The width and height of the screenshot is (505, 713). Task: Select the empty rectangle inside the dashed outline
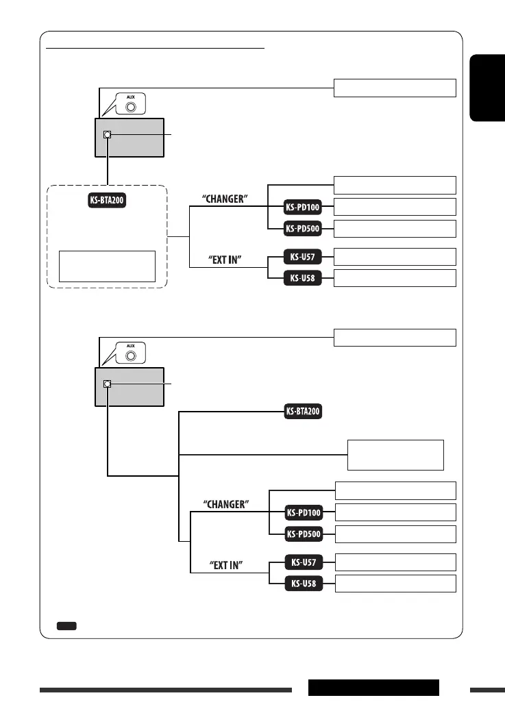(x=107, y=266)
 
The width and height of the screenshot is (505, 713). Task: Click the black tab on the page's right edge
(x=486, y=89)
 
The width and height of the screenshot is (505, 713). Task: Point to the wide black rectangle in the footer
(x=373, y=688)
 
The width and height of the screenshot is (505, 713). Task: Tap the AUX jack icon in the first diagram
(x=130, y=103)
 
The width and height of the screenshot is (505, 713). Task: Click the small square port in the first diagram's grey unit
(x=107, y=134)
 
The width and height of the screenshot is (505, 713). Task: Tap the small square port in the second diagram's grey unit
(x=107, y=384)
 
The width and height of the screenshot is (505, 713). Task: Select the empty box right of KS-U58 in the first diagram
(x=395, y=278)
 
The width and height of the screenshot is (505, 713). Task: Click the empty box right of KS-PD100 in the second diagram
(x=395, y=512)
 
